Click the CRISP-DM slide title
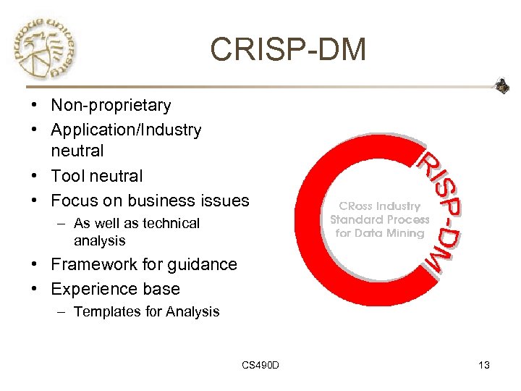click(x=288, y=50)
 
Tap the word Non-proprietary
click(x=111, y=106)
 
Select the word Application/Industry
click(x=126, y=130)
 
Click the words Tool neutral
click(x=97, y=176)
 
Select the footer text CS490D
click(x=260, y=365)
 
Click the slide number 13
click(x=483, y=365)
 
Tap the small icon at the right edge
click(x=502, y=86)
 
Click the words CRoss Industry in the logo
click(x=380, y=206)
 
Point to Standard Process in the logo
click(x=380, y=219)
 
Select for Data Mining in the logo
click(x=380, y=233)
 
